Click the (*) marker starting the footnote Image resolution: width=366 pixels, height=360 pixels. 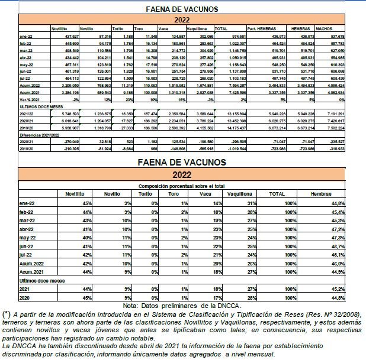point(7,313)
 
